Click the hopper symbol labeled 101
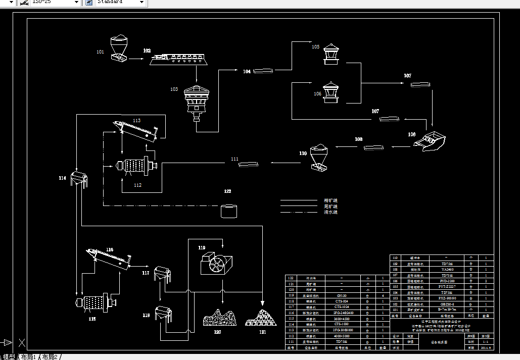[120, 48]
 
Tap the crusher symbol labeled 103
[196, 101]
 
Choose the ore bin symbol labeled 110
[319, 157]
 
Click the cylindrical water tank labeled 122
[229, 211]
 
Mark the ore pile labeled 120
[219, 319]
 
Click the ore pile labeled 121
[261, 319]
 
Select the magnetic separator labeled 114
[80, 179]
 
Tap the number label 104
[247, 72]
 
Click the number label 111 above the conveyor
[234, 159]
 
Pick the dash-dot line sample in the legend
[302, 212]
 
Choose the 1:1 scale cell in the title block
[486, 341]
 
